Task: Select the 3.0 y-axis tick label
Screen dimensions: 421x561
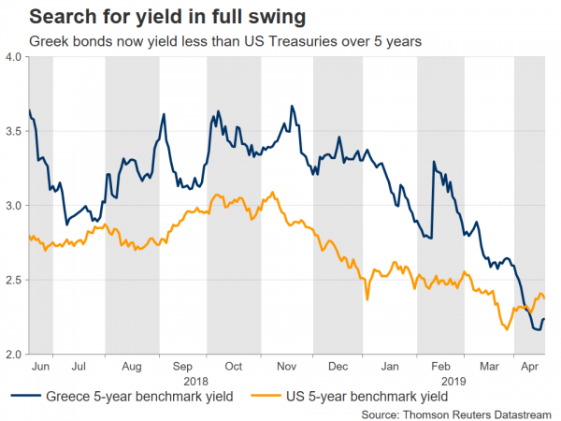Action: (15, 205)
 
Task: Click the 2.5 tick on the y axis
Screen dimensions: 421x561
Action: (15, 280)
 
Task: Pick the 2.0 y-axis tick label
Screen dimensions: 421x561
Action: (15, 355)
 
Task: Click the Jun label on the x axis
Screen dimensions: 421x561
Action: (40, 367)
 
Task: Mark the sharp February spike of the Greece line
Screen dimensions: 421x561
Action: (434, 163)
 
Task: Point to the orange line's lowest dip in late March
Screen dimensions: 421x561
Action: (506, 328)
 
